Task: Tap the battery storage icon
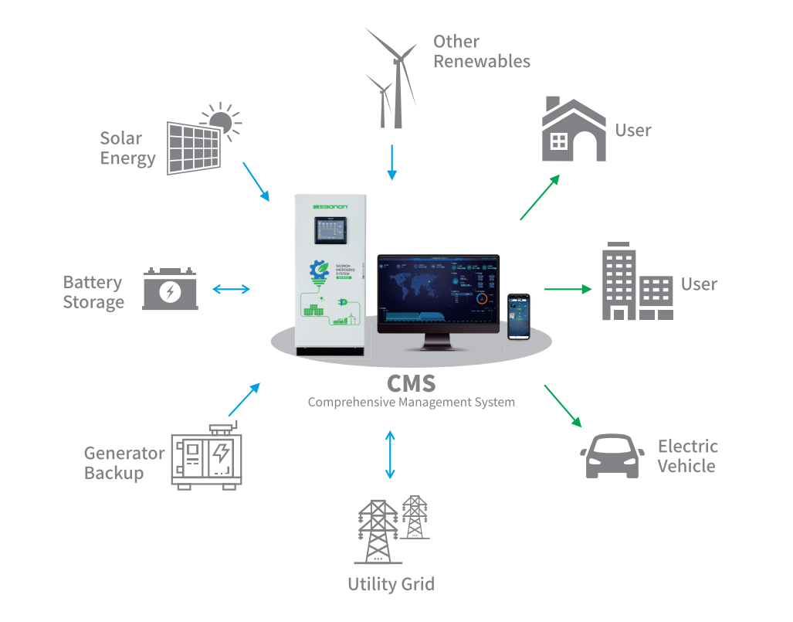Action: (x=170, y=289)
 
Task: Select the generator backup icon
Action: (x=206, y=457)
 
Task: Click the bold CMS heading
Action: (x=411, y=383)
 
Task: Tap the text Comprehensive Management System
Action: (x=411, y=402)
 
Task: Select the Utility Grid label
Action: (x=391, y=584)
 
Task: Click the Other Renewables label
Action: (x=481, y=51)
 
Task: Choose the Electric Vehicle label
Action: (x=687, y=456)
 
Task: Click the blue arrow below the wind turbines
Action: (x=392, y=162)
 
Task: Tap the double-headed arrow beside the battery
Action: (x=231, y=290)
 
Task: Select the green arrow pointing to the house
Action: (x=540, y=197)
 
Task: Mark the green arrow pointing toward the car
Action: (x=563, y=406)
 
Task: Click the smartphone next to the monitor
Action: (x=518, y=317)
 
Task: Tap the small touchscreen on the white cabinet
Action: (x=330, y=229)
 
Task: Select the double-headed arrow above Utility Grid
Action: (x=390, y=454)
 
